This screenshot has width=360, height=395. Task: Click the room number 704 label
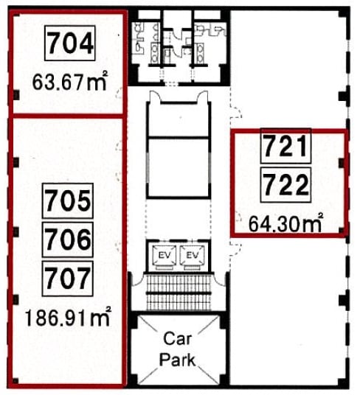point(70,43)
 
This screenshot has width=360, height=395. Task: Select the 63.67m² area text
point(70,81)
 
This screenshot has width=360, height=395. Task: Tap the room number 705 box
point(68,200)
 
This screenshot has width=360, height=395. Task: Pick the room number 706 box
point(68,240)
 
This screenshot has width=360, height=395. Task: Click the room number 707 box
point(68,279)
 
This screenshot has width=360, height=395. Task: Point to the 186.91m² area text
point(68,317)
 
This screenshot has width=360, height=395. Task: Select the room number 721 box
point(286,146)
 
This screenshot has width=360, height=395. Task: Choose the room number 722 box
point(286,185)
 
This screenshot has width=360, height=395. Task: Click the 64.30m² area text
point(286,223)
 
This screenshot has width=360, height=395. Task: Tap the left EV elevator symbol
point(165,257)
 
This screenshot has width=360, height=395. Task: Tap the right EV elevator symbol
point(192,257)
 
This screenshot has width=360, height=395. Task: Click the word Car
point(177,339)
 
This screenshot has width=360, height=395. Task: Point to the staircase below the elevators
point(179,293)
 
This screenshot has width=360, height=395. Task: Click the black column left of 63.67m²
point(16,95)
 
